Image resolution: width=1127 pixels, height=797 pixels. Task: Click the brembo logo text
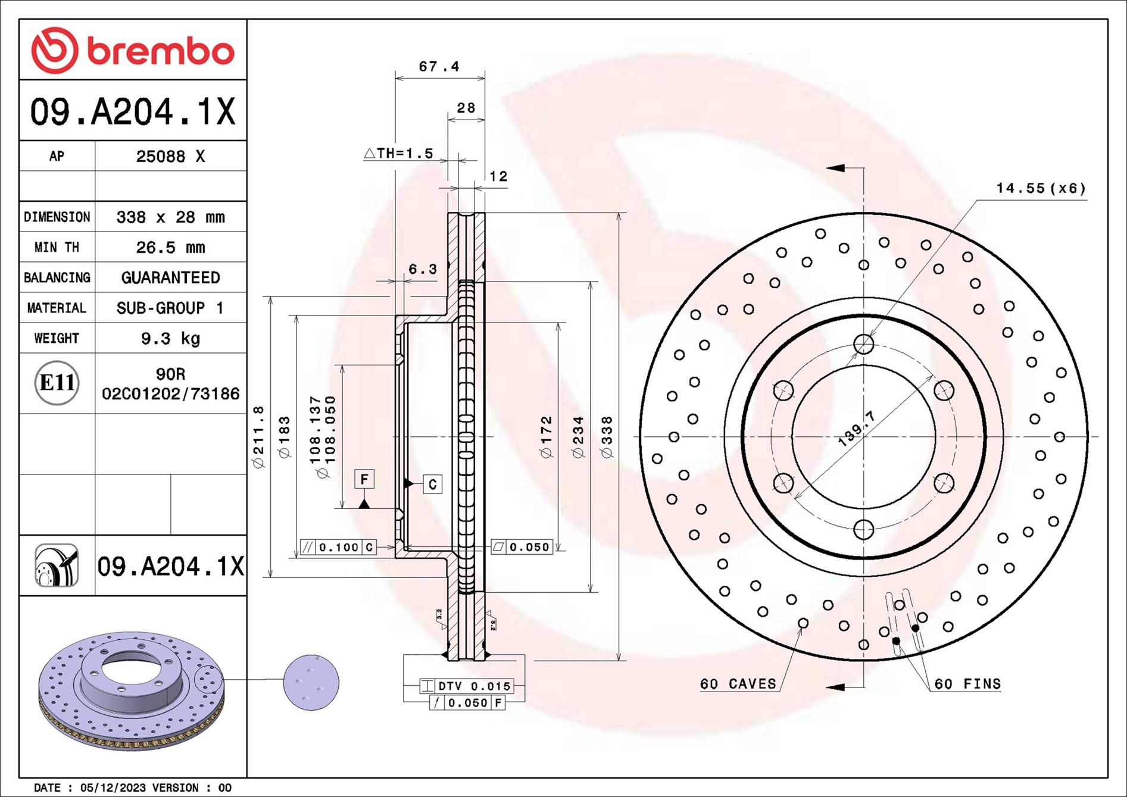161,52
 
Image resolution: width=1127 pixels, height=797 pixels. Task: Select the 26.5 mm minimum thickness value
170,247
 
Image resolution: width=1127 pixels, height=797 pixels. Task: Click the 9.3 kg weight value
170,339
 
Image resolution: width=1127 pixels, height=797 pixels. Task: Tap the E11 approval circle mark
57,383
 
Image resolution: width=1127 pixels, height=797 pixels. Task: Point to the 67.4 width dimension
439,67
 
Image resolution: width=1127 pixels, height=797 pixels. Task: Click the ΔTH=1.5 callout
398,154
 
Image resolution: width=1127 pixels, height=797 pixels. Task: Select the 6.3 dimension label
422,270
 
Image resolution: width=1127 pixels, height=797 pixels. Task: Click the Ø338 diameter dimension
607,437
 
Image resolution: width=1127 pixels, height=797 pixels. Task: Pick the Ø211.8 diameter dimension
258,437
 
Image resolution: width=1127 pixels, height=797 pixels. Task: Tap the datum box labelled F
364,479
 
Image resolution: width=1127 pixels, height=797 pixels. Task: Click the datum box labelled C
433,485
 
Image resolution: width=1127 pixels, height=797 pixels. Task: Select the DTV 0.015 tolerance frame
466,686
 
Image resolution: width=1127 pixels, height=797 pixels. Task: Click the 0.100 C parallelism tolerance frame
338,547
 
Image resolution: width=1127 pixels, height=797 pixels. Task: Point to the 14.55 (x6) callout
1041,189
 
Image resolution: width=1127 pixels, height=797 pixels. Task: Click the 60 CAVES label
738,684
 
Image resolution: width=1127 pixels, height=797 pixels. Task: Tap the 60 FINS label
967,684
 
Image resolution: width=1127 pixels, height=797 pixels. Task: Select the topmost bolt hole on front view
863,343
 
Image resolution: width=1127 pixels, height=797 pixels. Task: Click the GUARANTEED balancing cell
170,277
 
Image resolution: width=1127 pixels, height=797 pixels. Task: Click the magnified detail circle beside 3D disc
311,683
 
